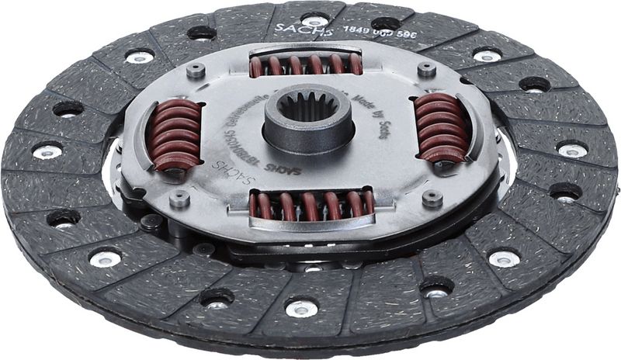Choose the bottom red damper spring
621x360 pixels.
[x=311, y=206]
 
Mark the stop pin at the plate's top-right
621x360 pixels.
[x=426, y=69]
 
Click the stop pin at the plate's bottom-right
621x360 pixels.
[x=432, y=198]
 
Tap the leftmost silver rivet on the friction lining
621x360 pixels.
[x=47, y=151]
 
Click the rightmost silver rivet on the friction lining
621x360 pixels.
[x=572, y=150]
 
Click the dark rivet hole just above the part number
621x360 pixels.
[x=386, y=23]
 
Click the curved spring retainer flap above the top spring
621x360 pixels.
[x=305, y=50]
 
